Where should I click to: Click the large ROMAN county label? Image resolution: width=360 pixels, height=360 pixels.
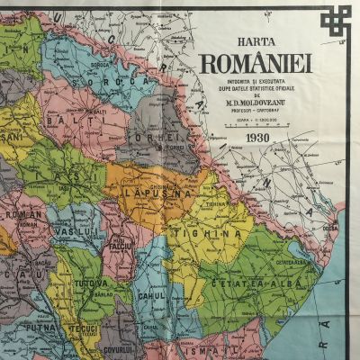coord(18,216)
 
